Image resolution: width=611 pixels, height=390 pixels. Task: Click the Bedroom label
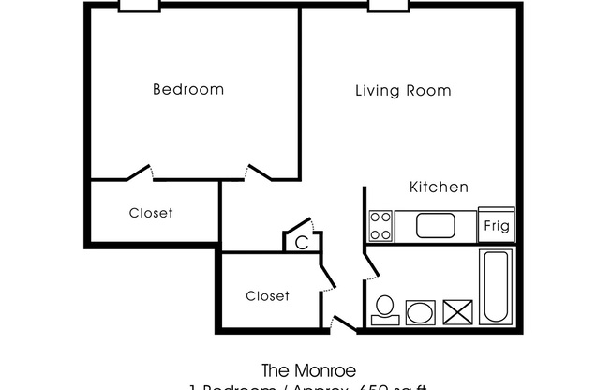click(x=188, y=90)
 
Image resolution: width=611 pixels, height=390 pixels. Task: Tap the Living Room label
click(x=403, y=91)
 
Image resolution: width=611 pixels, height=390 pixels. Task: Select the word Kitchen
click(x=439, y=187)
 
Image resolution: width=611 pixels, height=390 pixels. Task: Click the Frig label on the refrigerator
click(x=496, y=225)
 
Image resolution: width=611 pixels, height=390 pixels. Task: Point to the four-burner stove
click(x=380, y=225)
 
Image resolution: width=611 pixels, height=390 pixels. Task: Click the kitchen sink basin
click(x=435, y=225)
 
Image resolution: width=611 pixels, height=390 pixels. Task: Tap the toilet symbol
click(x=384, y=308)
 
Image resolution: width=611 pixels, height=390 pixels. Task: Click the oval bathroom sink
click(x=420, y=311)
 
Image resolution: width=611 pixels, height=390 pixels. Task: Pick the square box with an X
click(x=457, y=311)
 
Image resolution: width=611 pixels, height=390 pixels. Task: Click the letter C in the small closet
click(x=301, y=241)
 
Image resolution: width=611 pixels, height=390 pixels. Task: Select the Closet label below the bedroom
click(x=151, y=213)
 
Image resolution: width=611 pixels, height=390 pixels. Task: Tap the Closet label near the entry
click(x=267, y=295)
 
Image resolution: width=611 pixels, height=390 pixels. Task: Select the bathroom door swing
click(x=372, y=262)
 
